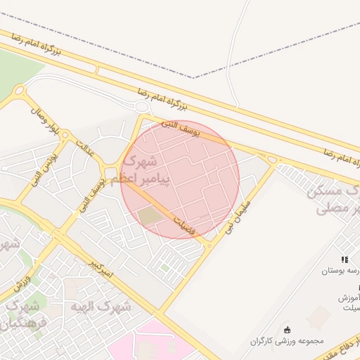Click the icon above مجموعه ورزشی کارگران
pyautogui.click(x=287, y=330)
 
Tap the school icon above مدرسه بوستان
pyautogui.click(x=345, y=259)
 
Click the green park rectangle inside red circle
pyautogui.click(x=150, y=217)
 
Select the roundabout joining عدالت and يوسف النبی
pyautogui.click(x=110, y=172)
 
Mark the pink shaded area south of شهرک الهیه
pyautogui.click(x=155, y=345)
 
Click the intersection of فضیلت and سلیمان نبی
pyautogui.click(x=209, y=245)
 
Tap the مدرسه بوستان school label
pyautogui.click(x=342, y=271)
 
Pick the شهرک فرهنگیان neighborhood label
pyautogui.click(x=25, y=314)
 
